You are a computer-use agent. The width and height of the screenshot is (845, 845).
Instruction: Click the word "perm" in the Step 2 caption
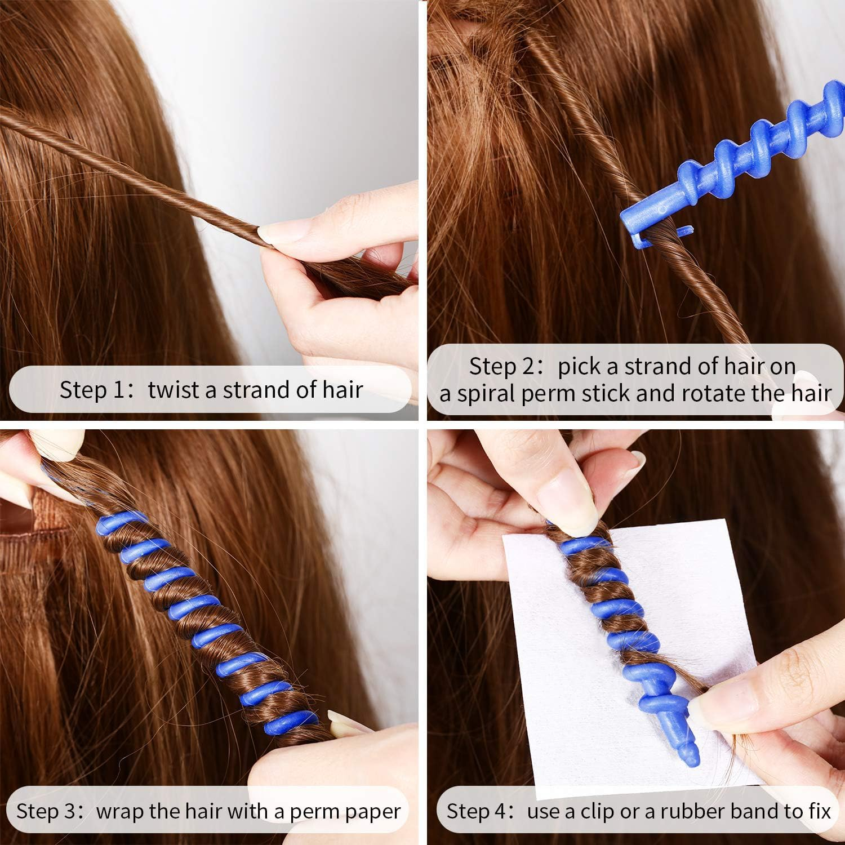(x=548, y=394)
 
